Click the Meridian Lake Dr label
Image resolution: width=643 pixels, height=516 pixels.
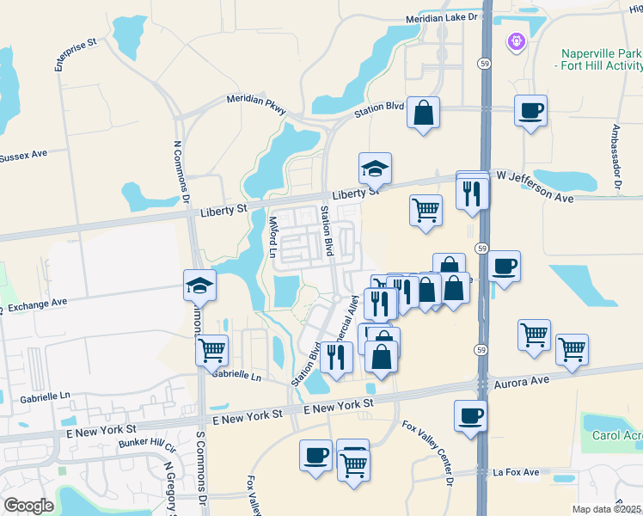tap(438, 19)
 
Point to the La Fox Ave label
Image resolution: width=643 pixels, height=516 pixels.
tap(516, 472)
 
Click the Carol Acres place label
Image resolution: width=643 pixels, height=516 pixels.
tap(617, 435)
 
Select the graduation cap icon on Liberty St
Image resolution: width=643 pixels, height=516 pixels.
tap(375, 169)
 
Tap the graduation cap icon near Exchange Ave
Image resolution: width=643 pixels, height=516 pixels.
tap(199, 285)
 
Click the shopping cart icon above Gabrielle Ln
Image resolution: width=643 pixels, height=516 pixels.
tap(211, 349)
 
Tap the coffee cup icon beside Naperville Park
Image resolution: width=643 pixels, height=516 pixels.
tap(531, 110)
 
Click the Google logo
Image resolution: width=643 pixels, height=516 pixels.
tap(29, 505)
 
